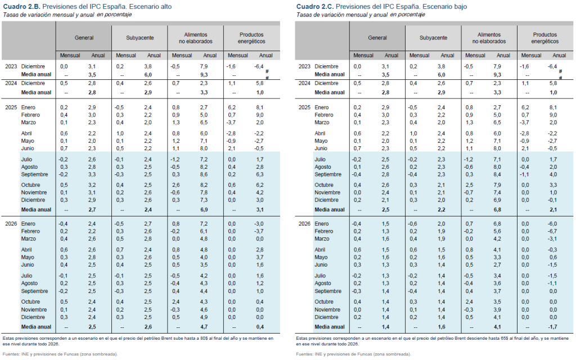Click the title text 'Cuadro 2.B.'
tap(21, 7)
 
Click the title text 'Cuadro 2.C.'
tap(315, 7)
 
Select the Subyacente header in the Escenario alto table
tap(139, 38)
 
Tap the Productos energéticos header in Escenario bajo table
tap(544, 38)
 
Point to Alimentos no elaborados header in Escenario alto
tap(195, 38)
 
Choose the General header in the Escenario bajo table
tap(377, 38)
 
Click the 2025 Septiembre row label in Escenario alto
tap(34, 174)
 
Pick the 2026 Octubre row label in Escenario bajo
tap(323, 302)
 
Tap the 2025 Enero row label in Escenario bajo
tap(321, 107)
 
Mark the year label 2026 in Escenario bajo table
tap(304, 224)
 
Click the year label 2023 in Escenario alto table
tap(11, 66)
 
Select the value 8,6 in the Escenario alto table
tap(204, 174)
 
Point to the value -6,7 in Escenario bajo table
tap(552, 231)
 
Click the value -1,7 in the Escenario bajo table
tap(552, 327)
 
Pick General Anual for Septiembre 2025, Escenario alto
tap(92, 174)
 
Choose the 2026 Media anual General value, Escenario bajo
tap(385, 327)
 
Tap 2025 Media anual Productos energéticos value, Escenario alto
tap(260, 210)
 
